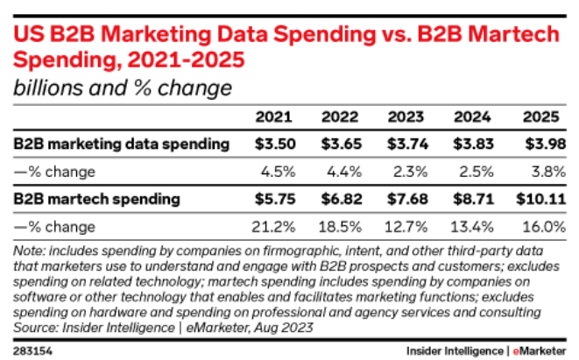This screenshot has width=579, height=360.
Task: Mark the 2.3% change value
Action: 407,171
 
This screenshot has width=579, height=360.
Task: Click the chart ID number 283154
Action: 32,349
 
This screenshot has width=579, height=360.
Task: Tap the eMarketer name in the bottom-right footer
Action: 537,349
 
